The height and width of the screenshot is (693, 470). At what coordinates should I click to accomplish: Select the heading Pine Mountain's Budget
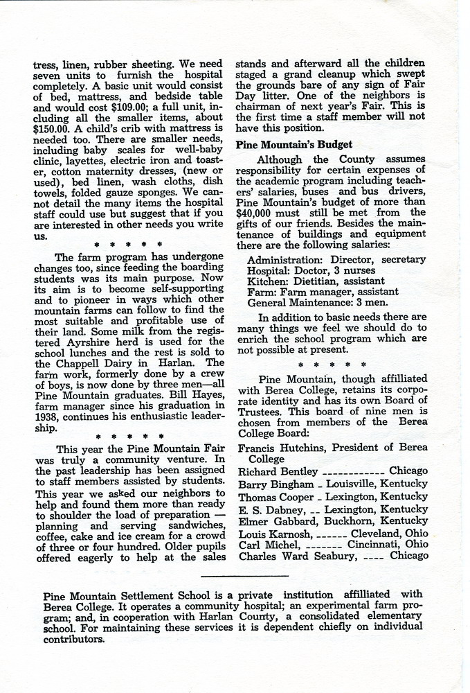tap(294, 145)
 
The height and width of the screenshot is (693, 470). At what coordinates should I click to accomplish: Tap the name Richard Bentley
tap(277, 471)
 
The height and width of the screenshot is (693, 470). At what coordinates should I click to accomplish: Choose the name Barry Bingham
tap(275, 483)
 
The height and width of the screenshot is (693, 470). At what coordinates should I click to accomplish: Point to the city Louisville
tap(352, 483)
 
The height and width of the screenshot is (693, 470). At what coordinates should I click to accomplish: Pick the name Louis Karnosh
tap(276, 534)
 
